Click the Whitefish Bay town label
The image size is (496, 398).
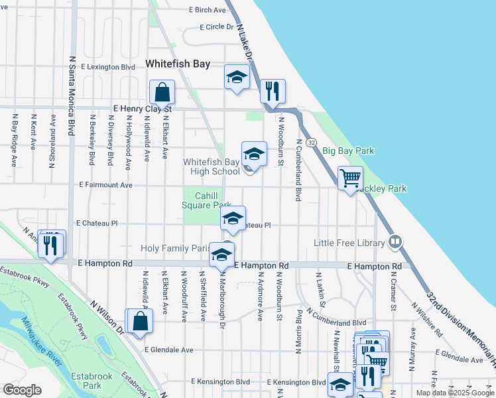177,64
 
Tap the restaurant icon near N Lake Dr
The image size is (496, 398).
272,91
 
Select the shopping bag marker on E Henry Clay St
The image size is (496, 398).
162,93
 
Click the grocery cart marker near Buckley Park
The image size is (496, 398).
350,178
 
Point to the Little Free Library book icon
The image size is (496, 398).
395,241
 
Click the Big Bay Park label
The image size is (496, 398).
348,151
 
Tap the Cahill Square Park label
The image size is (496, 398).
207,200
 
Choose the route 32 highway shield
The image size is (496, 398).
312,143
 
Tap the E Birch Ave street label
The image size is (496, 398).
209,10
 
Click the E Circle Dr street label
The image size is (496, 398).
217,27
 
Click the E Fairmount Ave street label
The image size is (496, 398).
106,185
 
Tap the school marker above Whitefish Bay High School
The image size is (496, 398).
253,154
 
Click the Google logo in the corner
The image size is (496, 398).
23,389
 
